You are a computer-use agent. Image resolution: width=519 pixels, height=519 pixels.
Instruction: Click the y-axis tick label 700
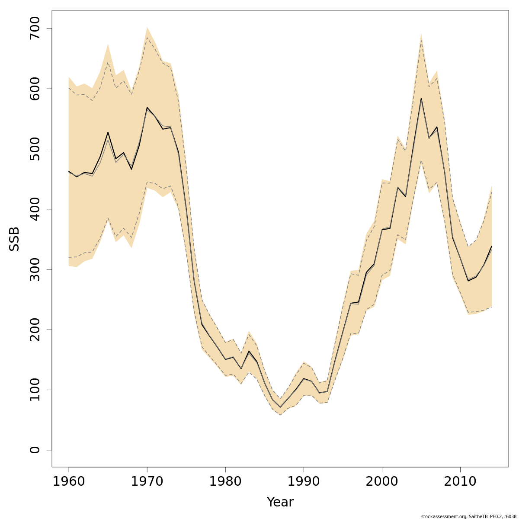[x=35, y=29]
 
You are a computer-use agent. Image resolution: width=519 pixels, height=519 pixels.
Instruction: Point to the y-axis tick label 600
[x=35, y=89]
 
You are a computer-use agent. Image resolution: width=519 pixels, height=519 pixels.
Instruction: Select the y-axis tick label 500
[x=35, y=149]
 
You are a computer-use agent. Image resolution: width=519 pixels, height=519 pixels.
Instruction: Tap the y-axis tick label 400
[x=35, y=209]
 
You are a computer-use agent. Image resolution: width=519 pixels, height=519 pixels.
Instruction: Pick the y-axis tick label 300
[x=35, y=269]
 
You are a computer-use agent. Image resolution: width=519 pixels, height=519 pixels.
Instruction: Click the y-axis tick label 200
[x=35, y=330]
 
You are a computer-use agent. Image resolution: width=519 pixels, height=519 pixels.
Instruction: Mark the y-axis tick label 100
[x=35, y=390]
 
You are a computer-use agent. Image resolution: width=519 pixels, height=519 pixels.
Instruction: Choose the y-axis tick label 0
[x=35, y=450]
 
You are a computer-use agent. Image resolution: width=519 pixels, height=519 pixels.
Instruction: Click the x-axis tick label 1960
[x=69, y=481]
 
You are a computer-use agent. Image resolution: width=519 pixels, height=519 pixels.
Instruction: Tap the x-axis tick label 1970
[x=147, y=481]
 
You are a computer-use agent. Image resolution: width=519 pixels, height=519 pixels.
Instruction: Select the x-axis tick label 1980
[x=225, y=481]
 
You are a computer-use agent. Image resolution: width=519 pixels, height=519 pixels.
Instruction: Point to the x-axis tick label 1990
[x=304, y=481]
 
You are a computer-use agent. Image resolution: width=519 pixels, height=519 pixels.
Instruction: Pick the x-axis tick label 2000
[x=382, y=481]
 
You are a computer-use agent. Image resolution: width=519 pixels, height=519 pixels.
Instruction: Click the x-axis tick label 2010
[x=460, y=481]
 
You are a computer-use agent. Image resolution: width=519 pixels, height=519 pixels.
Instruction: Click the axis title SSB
[x=14, y=239]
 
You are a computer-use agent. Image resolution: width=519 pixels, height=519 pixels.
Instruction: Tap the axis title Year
[x=280, y=502]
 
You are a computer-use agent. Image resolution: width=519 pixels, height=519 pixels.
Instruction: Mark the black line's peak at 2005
[x=421, y=99]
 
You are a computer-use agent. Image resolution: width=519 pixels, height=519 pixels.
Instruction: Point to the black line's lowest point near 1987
[x=280, y=407]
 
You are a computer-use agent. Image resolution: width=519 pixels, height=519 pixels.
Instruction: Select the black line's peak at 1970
[x=147, y=108]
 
